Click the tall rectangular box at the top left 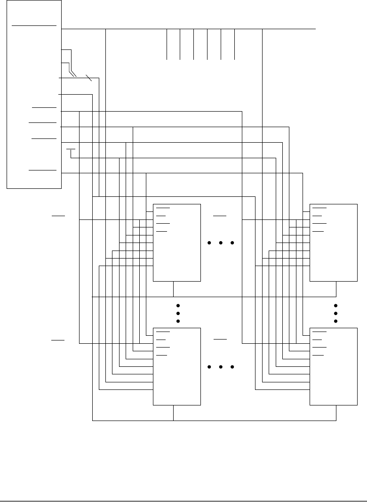tap(34, 94)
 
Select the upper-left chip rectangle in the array tap(177, 243)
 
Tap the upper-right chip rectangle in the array tap(334, 243)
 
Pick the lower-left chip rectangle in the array tap(177, 366)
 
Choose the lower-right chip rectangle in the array tap(334, 366)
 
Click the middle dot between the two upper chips tap(220, 243)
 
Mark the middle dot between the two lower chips tap(220, 367)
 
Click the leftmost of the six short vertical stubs tap(167, 44)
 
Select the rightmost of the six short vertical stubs tap(234, 44)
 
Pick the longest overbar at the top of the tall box tap(34, 25)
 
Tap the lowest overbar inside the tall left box tap(43, 170)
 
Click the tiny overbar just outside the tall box tap(71, 149)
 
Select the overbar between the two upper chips tap(219, 215)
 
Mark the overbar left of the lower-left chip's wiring tap(58, 339)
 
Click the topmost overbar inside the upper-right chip tap(320, 207)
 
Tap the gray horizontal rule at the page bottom tap(183, 500)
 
